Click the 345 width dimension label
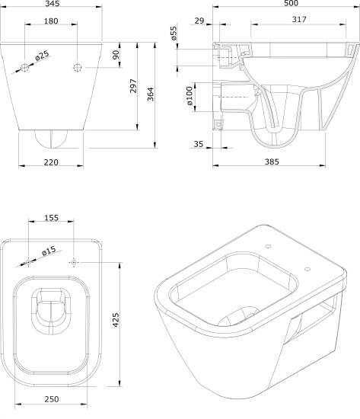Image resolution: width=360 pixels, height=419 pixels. [53, 4]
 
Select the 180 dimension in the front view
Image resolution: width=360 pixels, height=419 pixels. [51, 21]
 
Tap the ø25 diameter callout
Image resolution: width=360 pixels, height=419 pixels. [42, 56]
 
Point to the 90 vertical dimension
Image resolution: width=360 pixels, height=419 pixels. [116, 55]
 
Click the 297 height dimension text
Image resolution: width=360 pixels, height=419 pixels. [133, 86]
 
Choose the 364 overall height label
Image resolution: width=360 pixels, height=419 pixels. [151, 94]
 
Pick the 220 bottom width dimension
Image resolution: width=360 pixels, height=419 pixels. [51, 162]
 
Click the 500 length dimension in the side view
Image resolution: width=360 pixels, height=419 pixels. [291, 3]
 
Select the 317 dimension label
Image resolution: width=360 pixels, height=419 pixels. [299, 19]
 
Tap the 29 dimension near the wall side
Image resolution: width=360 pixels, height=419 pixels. [199, 21]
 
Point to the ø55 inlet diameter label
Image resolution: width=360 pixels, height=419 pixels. [174, 34]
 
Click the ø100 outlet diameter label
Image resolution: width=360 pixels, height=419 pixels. [190, 96]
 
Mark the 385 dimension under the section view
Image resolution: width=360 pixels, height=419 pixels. [272, 162]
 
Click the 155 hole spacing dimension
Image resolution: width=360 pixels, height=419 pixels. [51, 218]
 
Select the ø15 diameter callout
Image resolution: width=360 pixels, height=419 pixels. [49, 251]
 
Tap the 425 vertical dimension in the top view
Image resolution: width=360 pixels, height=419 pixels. [116, 320]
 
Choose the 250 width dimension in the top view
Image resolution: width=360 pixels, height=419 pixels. [52, 399]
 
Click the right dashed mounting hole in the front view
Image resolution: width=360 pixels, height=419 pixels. [77, 68]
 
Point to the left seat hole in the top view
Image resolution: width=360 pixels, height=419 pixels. [28, 262]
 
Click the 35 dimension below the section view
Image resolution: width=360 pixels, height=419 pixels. [199, 144]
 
